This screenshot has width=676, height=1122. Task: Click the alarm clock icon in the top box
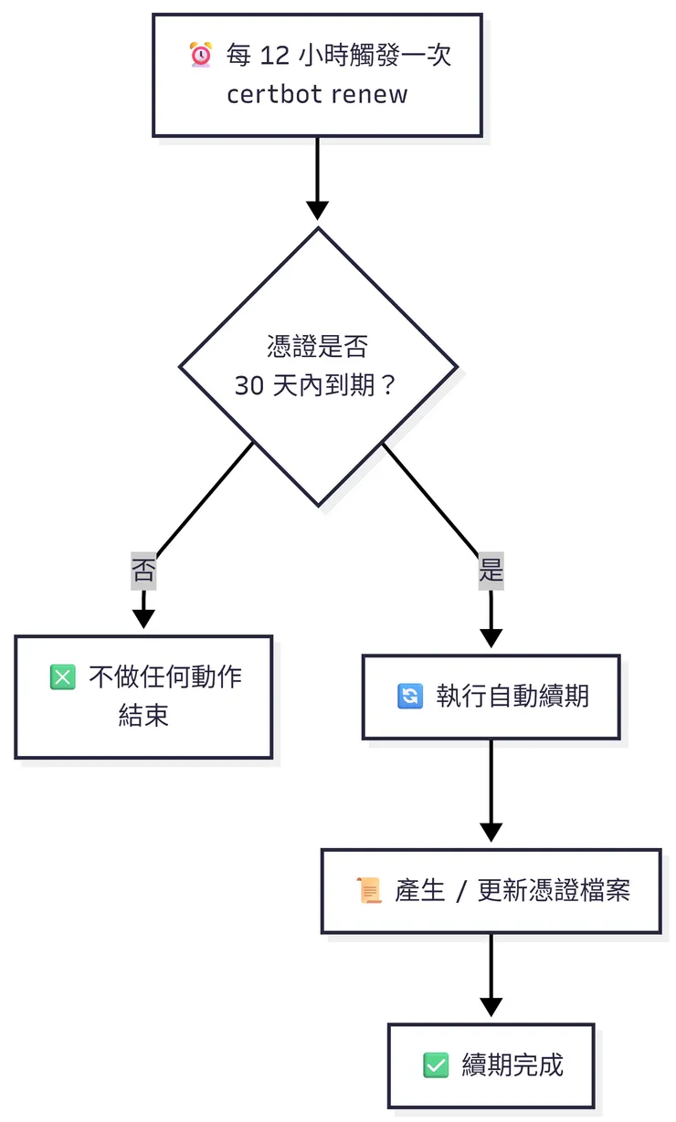point(200,56)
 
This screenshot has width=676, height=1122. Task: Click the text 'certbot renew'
point(317,95)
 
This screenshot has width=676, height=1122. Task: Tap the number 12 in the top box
point(274,56)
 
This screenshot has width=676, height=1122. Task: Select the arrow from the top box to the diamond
point(317,178)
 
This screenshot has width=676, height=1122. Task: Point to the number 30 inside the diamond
point(249,386)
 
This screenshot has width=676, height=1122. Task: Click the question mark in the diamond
point(387,386)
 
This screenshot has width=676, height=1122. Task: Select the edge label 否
point(143,571)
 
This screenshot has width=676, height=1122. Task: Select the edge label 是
point(491,571)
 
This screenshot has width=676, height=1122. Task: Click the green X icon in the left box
point(62,677)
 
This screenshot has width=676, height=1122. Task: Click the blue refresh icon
point(410,697)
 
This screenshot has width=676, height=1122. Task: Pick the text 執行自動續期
point(512,697)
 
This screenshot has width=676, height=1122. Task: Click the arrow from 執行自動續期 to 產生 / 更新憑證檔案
point(491,791)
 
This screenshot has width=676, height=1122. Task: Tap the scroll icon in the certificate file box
point(369,890)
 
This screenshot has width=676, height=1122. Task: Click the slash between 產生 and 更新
point(461,891)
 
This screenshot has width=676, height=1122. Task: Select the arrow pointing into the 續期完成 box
point(491,975)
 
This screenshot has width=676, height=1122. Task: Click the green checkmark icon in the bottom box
point(436,1064)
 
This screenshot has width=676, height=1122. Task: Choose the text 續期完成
point(512,1064)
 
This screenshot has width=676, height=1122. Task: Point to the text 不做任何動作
point(165,677)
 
